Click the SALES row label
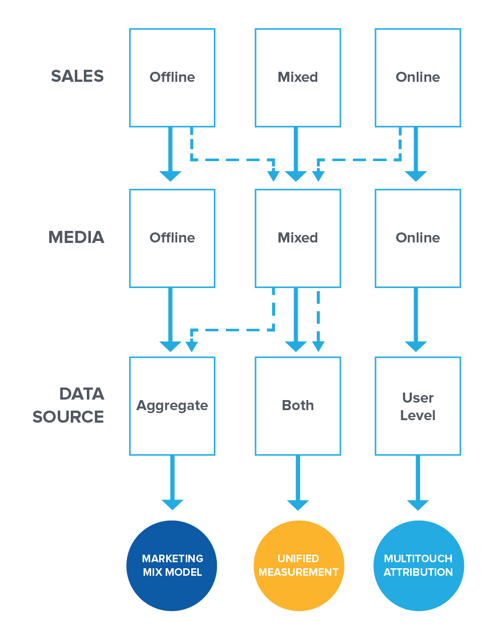77,76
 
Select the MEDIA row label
76,237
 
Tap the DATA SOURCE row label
69,405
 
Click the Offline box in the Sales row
172,77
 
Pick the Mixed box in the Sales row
298,77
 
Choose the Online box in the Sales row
418,77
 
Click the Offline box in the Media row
172,238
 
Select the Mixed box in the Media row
298,238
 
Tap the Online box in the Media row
418,238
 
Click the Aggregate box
172,406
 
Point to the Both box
298,406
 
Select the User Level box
418,406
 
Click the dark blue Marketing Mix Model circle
172,566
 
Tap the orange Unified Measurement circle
299,566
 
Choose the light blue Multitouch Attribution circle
419,566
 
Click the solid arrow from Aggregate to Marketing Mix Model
172,482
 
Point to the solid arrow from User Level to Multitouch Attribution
418,482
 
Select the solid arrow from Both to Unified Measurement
298,482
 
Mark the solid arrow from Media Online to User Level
416,319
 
